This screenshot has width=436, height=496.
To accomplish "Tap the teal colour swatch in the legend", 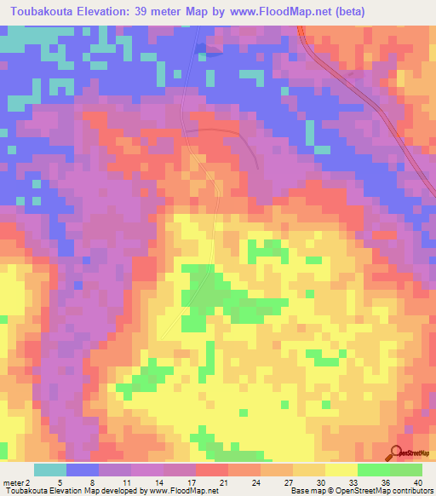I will click(50, 470).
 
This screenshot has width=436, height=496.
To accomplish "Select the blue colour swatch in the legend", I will click(83, 470).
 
